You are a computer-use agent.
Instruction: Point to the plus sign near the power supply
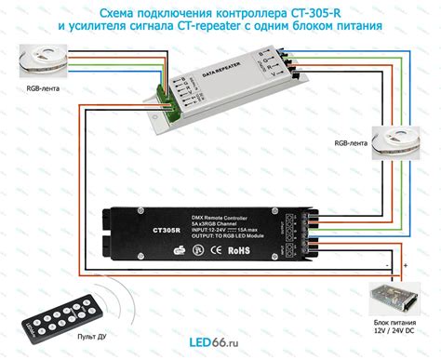(406, 267)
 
